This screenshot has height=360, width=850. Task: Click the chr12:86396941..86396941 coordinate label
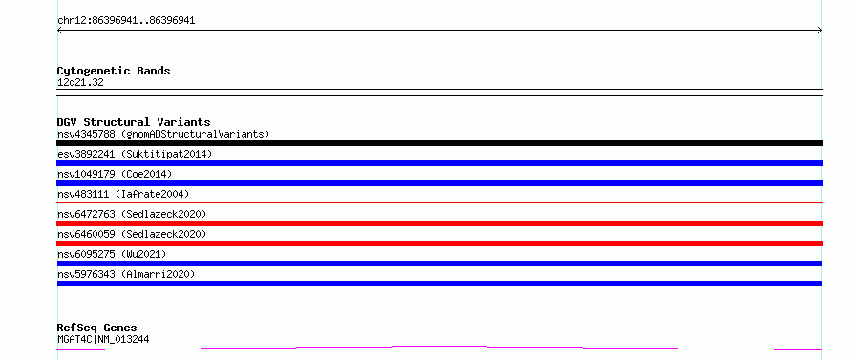pyautogui.click(x=126, y=21)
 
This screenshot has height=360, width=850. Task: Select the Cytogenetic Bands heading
pyautogui.click(x=114, y=71)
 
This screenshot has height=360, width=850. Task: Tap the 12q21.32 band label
pyautogui.click(x=80, y=83)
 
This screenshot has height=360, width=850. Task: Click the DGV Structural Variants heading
pyautogui.click(x=134, y=122)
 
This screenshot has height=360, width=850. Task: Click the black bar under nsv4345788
pyautogui.click(x=439, y=143)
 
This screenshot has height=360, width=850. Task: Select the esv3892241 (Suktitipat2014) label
pyautogui.click(x=135, y=154)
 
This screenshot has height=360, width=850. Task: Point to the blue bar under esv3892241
pyautogui.click(x=439, y=163)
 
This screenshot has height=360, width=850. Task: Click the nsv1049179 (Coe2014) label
pyautogui.click(x=115, y=174)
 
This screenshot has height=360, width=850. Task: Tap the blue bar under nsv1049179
pyautogui.click(x=439, y=183)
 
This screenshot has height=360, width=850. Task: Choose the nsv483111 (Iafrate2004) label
pyautogui.click(x=123, y=194)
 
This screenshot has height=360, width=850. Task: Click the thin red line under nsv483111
pyautogui.click(x=439, y=202)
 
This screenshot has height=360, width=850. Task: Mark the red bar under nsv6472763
pyautogui.click(x=439, y=223)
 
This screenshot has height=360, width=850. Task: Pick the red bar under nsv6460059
pyautogui.click(x=439, y=244)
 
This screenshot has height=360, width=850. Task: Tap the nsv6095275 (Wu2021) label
pyautogui.click(x=112, y=254)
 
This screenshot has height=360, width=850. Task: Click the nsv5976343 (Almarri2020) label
pyautogui.click(x=126, y=274)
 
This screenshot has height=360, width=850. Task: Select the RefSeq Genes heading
pyautogui.click(x=97, y=328)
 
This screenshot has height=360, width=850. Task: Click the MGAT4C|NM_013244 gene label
pyautogui.click(x=103, y=339)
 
